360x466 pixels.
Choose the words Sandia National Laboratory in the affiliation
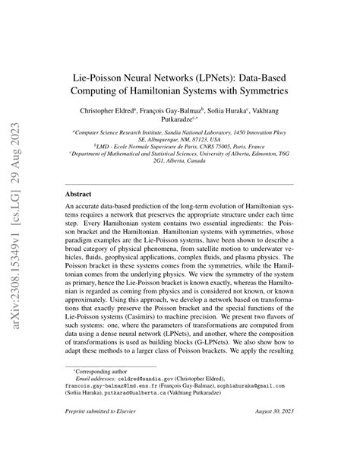[x=199, y=132]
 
